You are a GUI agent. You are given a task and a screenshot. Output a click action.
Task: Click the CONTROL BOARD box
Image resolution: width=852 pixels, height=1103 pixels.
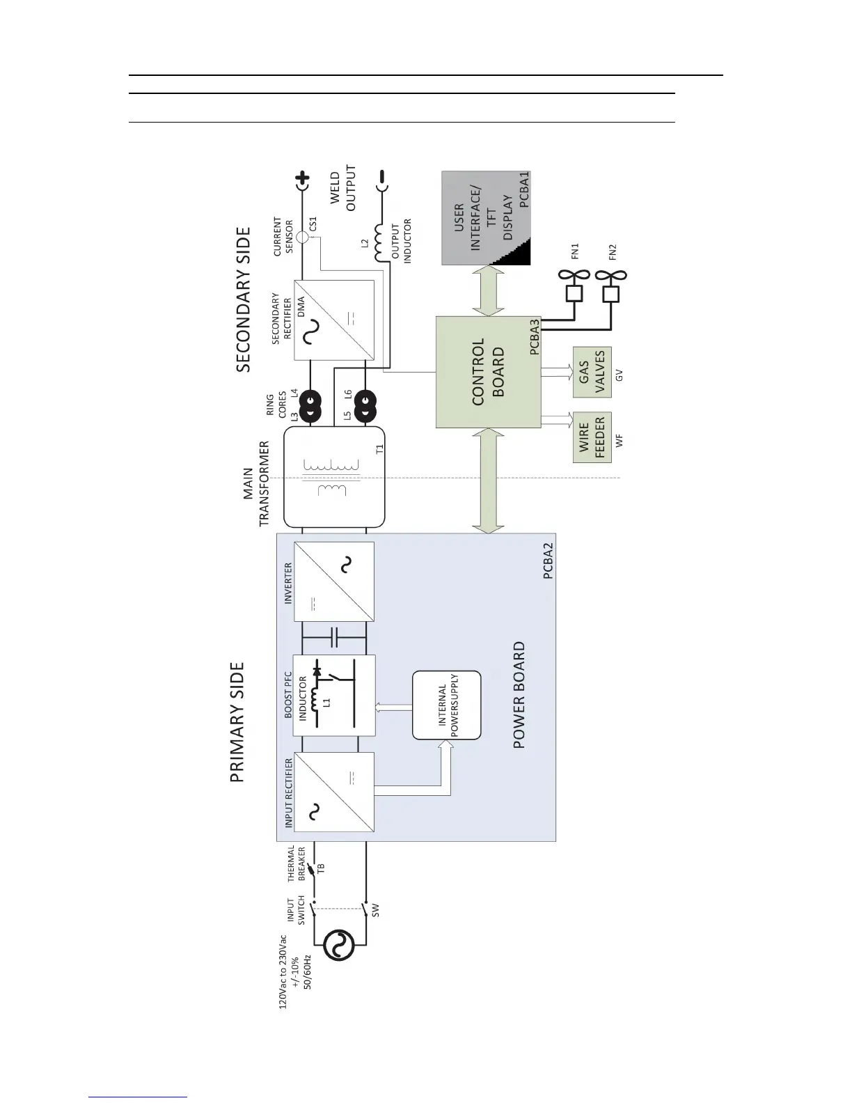(488, 372)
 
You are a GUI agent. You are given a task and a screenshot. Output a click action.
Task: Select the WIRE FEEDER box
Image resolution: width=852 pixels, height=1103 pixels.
(592, 437)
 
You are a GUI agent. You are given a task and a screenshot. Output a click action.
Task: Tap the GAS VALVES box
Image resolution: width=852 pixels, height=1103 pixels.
(592, 372)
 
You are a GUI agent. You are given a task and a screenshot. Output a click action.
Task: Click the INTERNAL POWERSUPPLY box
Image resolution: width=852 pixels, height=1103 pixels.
(446, 705)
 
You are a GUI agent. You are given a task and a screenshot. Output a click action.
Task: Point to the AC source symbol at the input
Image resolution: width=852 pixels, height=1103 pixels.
(340, 946)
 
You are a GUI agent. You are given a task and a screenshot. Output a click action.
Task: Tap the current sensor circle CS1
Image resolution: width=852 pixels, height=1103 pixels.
(302, 237)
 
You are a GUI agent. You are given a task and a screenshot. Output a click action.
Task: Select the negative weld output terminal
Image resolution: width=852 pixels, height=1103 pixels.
(381, 182)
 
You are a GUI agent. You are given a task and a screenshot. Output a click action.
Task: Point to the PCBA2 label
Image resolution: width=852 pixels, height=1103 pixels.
(548, 561)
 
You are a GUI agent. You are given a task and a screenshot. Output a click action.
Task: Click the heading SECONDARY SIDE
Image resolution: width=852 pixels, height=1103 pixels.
(243, 299)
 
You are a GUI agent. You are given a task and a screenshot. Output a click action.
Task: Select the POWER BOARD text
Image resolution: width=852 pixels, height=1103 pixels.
(519, 695)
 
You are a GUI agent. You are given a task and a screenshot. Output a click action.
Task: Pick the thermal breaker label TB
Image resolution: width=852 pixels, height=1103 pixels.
(321, 868)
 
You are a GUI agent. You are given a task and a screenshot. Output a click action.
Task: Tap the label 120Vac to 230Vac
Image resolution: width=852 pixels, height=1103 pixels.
(283, 971)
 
